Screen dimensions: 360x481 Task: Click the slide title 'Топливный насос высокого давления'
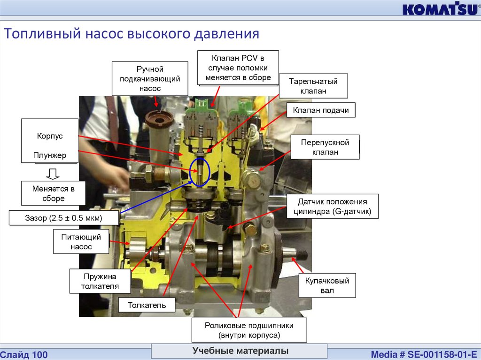(132, 34)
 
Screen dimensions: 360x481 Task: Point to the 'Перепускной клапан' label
(325, 147)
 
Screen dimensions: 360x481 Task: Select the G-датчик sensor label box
(332, 207)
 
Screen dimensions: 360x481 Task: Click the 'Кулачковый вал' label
(327, 286)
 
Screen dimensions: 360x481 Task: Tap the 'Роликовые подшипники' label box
(249, 330)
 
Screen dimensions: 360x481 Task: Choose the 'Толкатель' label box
(147, 306)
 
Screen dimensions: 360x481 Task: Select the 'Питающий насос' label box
(76, 242)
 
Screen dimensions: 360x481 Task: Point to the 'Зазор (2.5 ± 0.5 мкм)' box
(63, 218)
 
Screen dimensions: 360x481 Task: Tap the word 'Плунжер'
(50, 155)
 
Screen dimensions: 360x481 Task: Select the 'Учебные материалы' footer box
(240, 351)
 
